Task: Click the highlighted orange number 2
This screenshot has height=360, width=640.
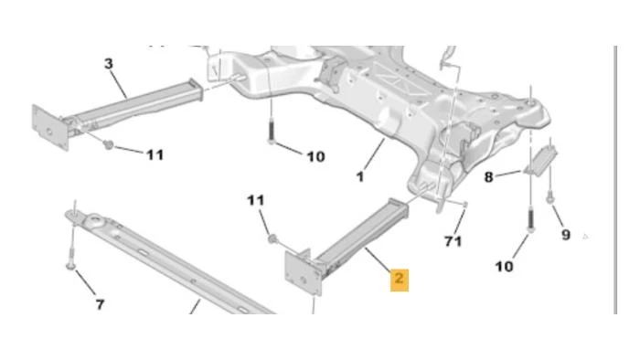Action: click(400, 279)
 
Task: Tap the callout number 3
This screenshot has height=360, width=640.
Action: click(109, 64)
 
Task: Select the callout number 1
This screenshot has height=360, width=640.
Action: click(360, 177)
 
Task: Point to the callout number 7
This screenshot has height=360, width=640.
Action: click(100, 304)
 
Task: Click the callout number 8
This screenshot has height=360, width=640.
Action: click(488, 177)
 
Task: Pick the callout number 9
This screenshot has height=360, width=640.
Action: click(566, 235)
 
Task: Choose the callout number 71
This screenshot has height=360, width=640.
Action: click(453, 241)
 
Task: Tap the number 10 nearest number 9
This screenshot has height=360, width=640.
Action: click(504, 267)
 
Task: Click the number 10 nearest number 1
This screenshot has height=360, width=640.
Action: click(316, 156)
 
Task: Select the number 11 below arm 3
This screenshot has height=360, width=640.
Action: click(155, 155)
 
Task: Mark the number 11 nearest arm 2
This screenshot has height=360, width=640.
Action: click(256, 200)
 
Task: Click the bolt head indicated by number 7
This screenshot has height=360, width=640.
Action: click(70, 266)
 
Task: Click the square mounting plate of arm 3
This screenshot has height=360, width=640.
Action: click(49, 127)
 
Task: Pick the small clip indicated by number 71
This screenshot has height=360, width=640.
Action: click(465, 204)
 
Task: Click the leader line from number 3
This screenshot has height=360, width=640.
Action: click(118, 84)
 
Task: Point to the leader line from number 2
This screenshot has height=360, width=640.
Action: click(378, 259)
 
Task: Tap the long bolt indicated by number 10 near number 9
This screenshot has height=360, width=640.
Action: click(530, 220)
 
